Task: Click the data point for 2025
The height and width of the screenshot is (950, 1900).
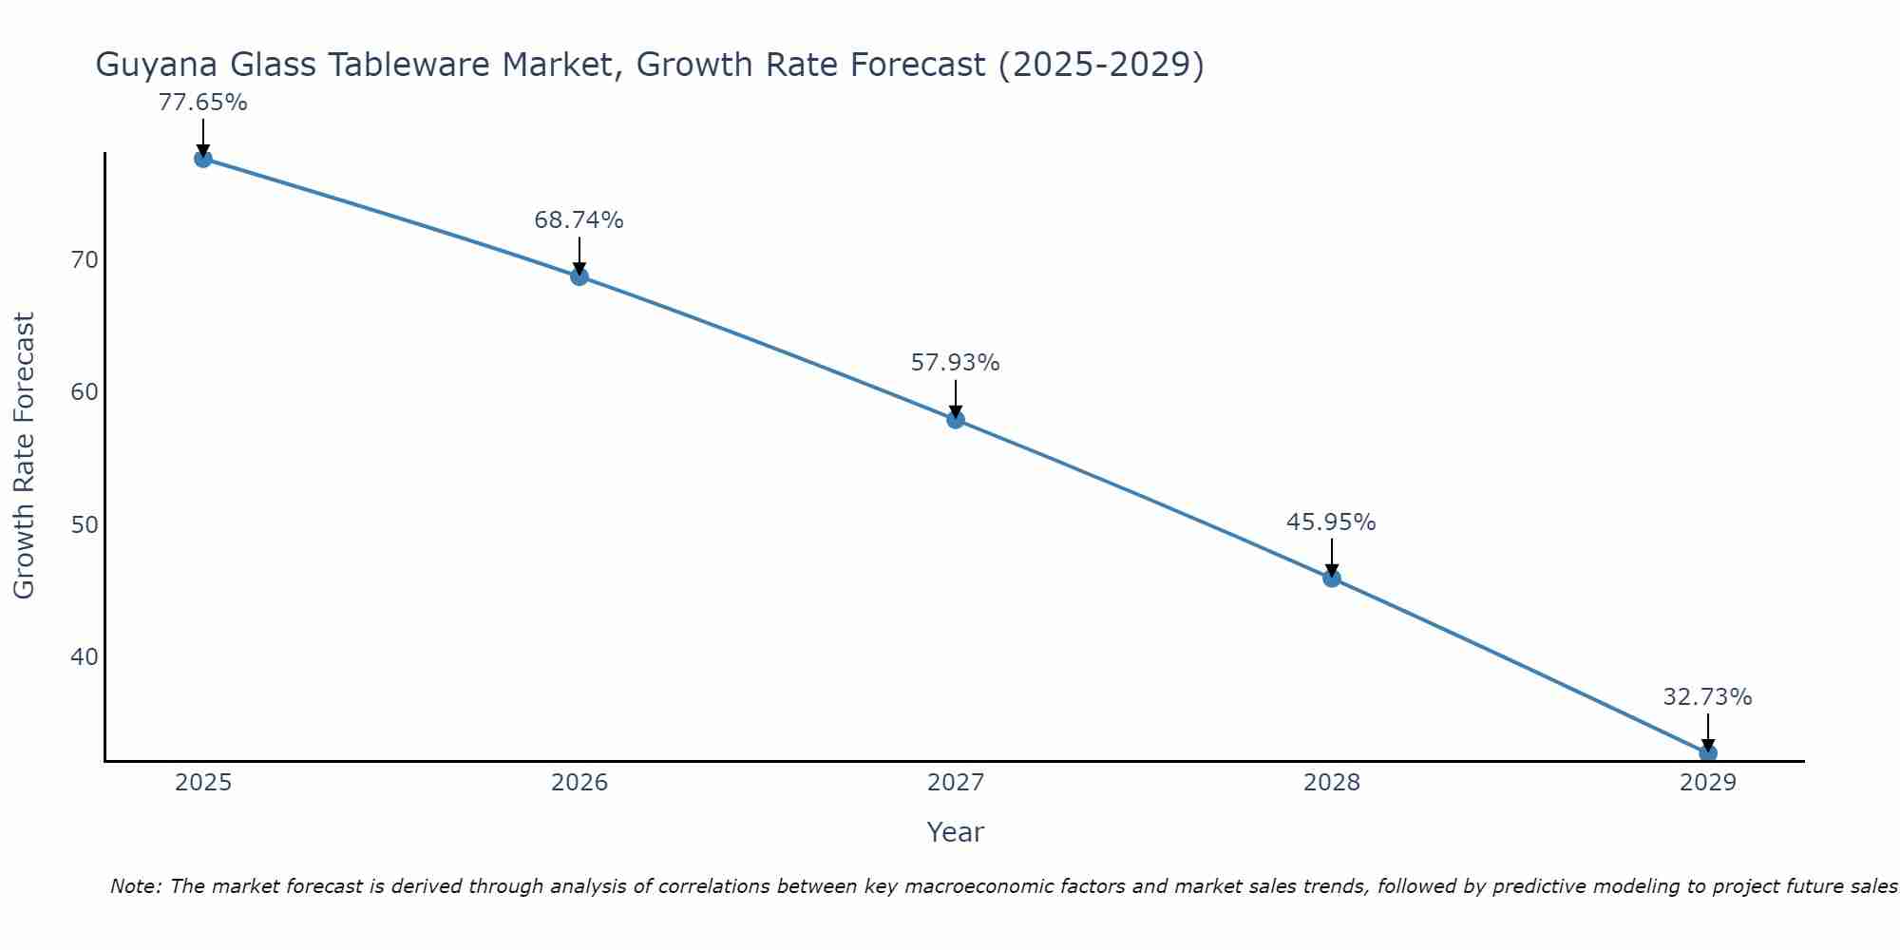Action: tap(202, 159)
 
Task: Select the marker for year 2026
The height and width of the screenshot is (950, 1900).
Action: tap(579, 276)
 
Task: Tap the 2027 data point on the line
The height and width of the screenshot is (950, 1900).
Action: tap(956, 419)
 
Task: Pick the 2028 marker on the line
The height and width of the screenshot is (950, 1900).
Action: tap(1332, 578)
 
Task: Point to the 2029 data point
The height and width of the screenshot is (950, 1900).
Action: tap(1708, 753)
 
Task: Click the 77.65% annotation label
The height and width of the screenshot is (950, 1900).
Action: tap(202, 103)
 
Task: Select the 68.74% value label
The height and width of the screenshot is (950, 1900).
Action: tap(579, 220)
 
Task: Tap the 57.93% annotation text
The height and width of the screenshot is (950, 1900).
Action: tap(955, 363)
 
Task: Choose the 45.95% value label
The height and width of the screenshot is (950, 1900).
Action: tap(1331, 522)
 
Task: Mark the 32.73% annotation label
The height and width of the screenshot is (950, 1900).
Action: tap(1707, 697)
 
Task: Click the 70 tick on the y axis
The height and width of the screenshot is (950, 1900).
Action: tap(85, 259)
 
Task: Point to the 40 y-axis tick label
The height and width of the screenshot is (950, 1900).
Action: tap(85, 656)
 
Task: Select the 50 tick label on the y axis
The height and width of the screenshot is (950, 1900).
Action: tap(85, 524)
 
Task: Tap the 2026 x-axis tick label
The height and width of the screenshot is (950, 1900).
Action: tap(579, 783)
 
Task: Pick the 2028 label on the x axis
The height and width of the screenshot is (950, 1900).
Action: tap(1332, 783)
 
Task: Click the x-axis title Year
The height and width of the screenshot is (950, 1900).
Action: tap(956, 832)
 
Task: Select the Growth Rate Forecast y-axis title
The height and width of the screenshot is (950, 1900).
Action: tap(24, 455)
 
